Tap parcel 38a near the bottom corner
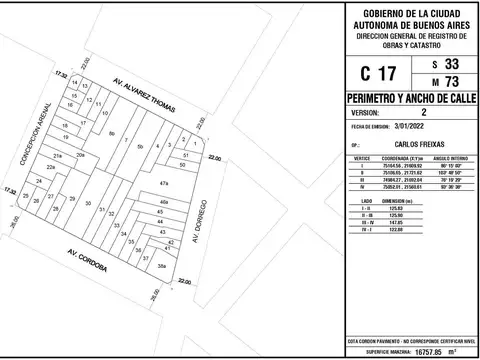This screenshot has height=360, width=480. coord(161,266)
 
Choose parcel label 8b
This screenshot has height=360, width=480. coord(112,133)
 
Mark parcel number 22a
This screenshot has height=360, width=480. coord(50,168)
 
